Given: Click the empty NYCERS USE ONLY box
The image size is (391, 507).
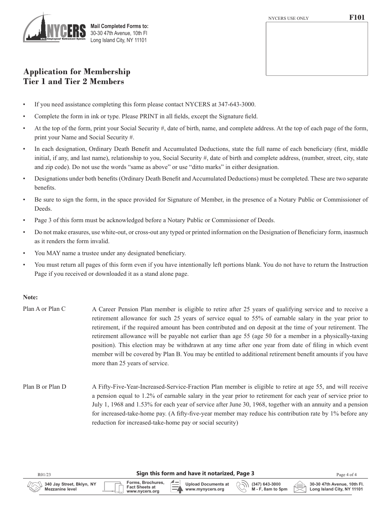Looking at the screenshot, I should (x=317, y=48).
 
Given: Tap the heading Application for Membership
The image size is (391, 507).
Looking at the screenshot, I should (x=77, y=72).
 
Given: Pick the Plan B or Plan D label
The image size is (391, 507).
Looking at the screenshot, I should (x=44, y=387).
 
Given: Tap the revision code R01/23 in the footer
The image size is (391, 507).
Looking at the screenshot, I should (x=43, y=475).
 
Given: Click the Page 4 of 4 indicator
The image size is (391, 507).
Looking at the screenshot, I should (x=349, y=475).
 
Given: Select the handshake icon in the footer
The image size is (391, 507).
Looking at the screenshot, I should (x=35, y=487).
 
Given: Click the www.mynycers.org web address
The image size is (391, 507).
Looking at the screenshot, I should (x=205, y=489).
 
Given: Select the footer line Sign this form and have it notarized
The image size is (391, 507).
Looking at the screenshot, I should (x=195, y=474).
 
